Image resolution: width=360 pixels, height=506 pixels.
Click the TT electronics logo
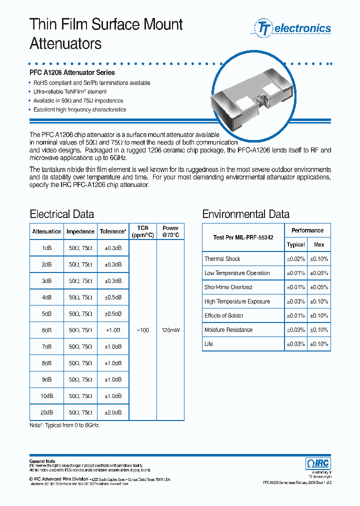pyautogui.click(x=293, y=28)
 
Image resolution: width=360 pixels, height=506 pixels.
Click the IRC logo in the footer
pyautogui.click(x=317, y=463)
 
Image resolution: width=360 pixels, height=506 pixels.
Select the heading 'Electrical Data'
pyautogui.click(x=62, y=214)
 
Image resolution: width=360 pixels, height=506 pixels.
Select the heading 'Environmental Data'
pyautogui.click(x=245, y=214)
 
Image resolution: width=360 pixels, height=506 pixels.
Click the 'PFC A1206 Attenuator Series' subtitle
pyautogui.click(x=72, y=73)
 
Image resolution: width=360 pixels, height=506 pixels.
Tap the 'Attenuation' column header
pyautogui.click(x=47, y=231)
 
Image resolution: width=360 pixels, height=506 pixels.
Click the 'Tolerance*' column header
pyautogui.click(x=112, y=231)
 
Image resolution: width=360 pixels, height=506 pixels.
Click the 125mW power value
pyautogui.click(x=170, y=330)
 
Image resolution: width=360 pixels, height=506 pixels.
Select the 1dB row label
pyautogui.click(x=47, y=248)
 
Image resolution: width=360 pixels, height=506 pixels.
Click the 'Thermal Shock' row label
pyautogui.click(x=222, y=259)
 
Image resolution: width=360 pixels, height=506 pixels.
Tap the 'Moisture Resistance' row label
pyautogui.click(x=228, y=330)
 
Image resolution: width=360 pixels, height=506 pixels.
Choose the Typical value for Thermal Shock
pyautogui.click(x=295, y=259)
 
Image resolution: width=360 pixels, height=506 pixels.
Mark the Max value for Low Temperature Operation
pyautogui.click(x=319, y=273)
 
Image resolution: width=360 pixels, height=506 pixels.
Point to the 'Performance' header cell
pyautogui.click(x=307, y=230)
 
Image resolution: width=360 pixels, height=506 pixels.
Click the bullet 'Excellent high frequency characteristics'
pyautogui.click(x=79, y=109)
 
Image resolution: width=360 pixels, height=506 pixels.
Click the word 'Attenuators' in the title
pyautogui.click(x=65, y=44)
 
